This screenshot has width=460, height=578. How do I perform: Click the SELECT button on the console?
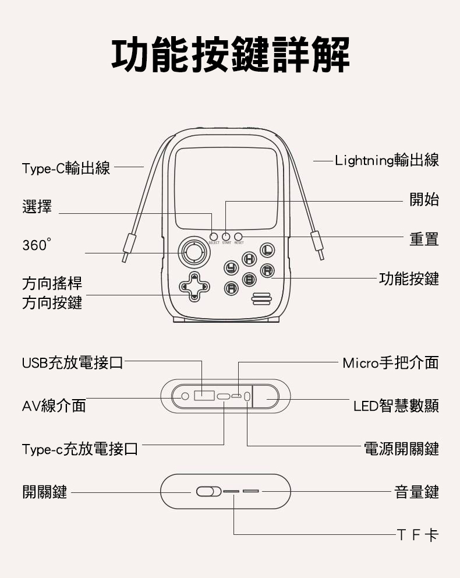tap(214, 236)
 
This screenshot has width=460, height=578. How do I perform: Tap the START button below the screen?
tap(226, 236)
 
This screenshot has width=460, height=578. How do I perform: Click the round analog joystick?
tap(192, 252)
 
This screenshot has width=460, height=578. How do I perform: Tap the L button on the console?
tap(266, 251)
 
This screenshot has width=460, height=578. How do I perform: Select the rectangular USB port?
tap(203, 396)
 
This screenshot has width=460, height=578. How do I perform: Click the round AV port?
tap(185, 396)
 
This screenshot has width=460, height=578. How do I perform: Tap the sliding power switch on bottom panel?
tap(208, 492)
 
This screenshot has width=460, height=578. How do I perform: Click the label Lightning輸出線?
tap(387, 161)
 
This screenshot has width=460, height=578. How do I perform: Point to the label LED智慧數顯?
tap(396, 406)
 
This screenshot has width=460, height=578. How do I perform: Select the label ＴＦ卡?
tap(417, 534)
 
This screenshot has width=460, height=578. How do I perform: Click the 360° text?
tap(36, 245)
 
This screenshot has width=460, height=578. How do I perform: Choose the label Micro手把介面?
tap(390, 364)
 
